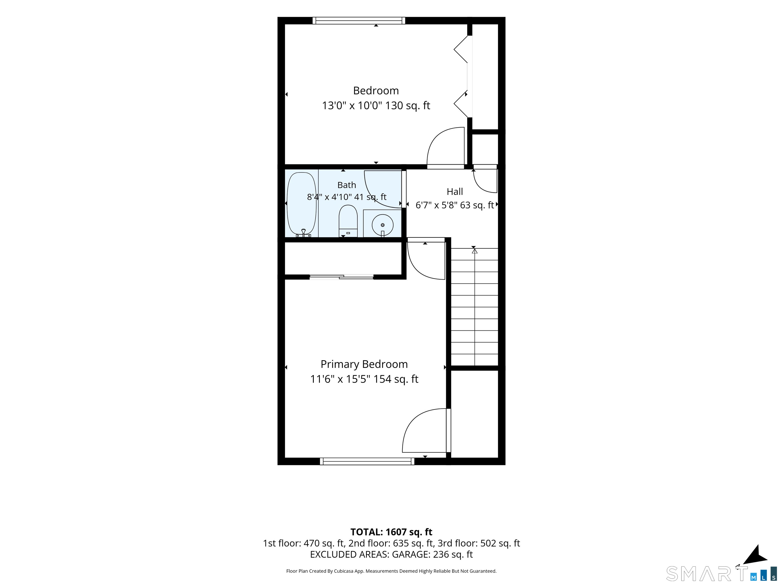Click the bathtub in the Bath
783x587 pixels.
(301, 205)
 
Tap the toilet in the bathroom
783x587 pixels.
(348, 221)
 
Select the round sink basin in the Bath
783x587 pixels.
(382, 225)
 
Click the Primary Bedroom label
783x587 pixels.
(364, 364)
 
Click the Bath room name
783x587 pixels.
(347, 185)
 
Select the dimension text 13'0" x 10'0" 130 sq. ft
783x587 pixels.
(376, 106)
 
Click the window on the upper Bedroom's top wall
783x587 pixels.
(359, 21)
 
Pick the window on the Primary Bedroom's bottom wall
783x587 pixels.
(367, 461)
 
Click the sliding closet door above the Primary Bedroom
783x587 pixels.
(341, 277)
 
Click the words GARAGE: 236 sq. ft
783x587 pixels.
(432, 554)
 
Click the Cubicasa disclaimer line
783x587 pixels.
(391, 571)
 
